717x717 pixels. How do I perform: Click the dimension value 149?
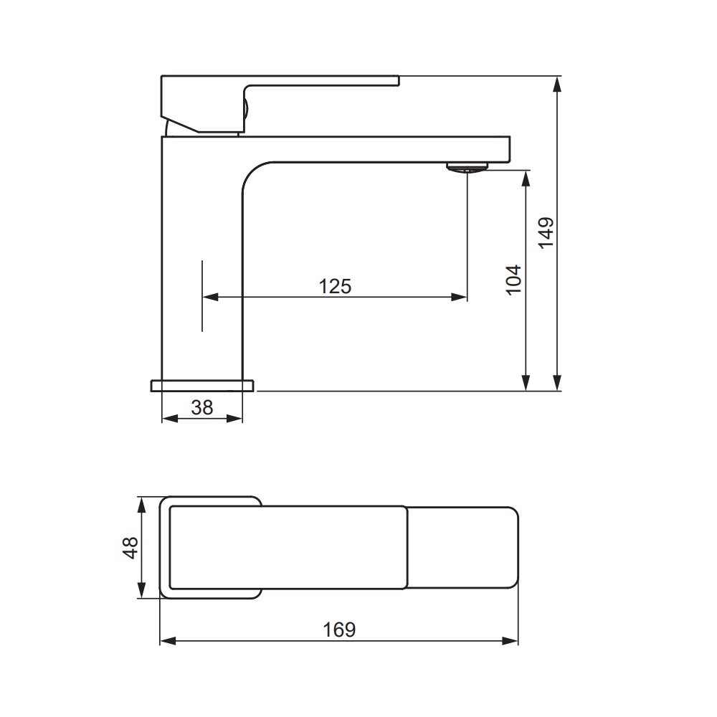(x=546, y=233)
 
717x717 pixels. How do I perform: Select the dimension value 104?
(x=514, y=280)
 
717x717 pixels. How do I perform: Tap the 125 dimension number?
(x=335, y=287)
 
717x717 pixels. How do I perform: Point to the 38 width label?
(x=202, y=407)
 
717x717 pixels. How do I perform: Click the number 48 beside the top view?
(x=130, y=547)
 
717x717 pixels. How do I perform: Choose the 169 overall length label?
(x=339, y=630)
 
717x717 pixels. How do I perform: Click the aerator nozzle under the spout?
(x=467, y=167)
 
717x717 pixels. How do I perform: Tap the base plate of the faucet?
(x=202, y=386)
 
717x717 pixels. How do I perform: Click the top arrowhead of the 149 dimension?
(x=556, y=85)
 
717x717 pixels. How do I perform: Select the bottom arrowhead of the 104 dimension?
(x=526, y=383)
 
